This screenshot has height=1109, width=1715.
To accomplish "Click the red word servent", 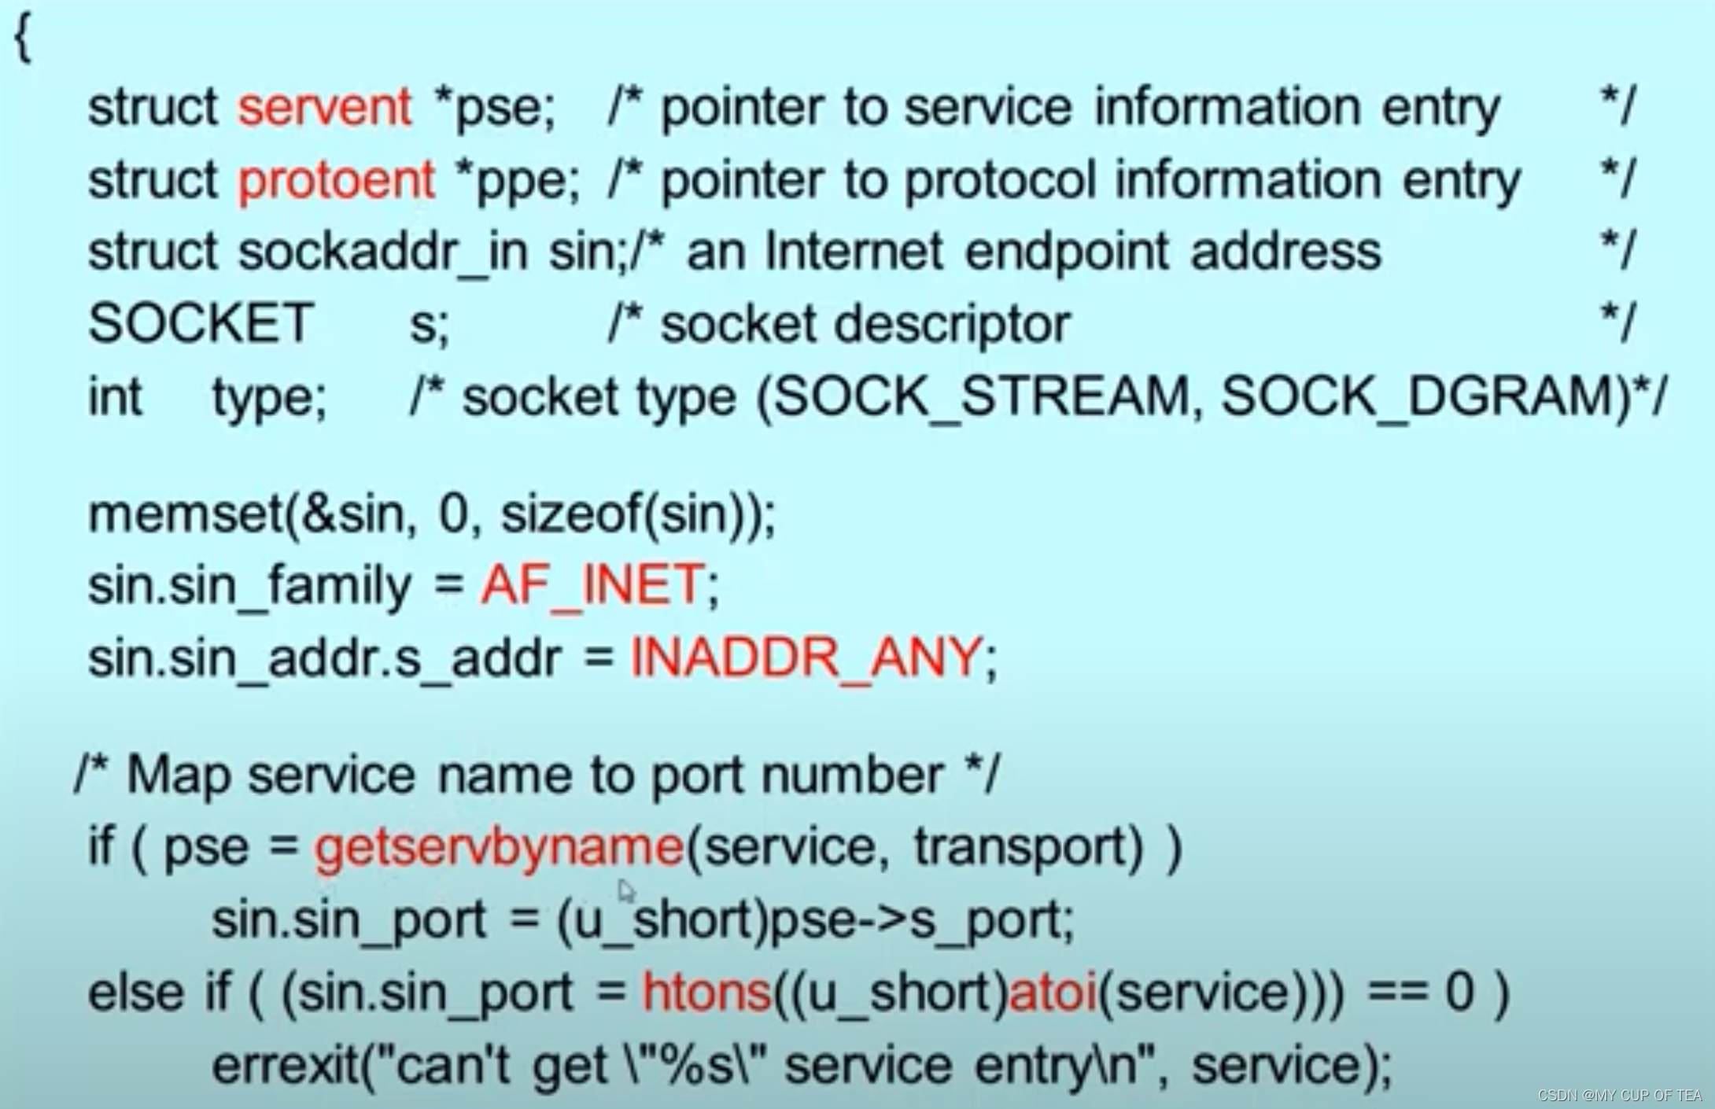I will click(x=324, y=107).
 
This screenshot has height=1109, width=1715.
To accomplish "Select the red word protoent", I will click(x=336, y=180).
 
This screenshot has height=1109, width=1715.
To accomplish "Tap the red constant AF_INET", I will click(x=592, y=585).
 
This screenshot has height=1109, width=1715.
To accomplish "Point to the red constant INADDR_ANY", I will click(x=806, y=658).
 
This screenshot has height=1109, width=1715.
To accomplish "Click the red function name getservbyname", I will click(x=499, y=847).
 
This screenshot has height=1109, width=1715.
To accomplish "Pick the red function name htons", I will click(x=706, y=992).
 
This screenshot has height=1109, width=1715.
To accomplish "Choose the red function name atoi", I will click(x=1053, y=992).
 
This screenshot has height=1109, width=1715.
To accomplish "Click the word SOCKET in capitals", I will click(x=201, y=323).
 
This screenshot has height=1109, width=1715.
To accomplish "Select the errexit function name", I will click(x=285, y=1065).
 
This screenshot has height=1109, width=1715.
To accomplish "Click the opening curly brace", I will click(x=23, y=38).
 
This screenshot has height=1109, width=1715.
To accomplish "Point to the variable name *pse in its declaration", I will click(x=494, y=107).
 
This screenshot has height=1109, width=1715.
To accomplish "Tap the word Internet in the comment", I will click(x=854, y=252).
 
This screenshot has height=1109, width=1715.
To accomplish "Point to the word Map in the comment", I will click(x=179, y=775).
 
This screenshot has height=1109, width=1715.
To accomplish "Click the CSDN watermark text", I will click(x=1620, y=1095).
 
